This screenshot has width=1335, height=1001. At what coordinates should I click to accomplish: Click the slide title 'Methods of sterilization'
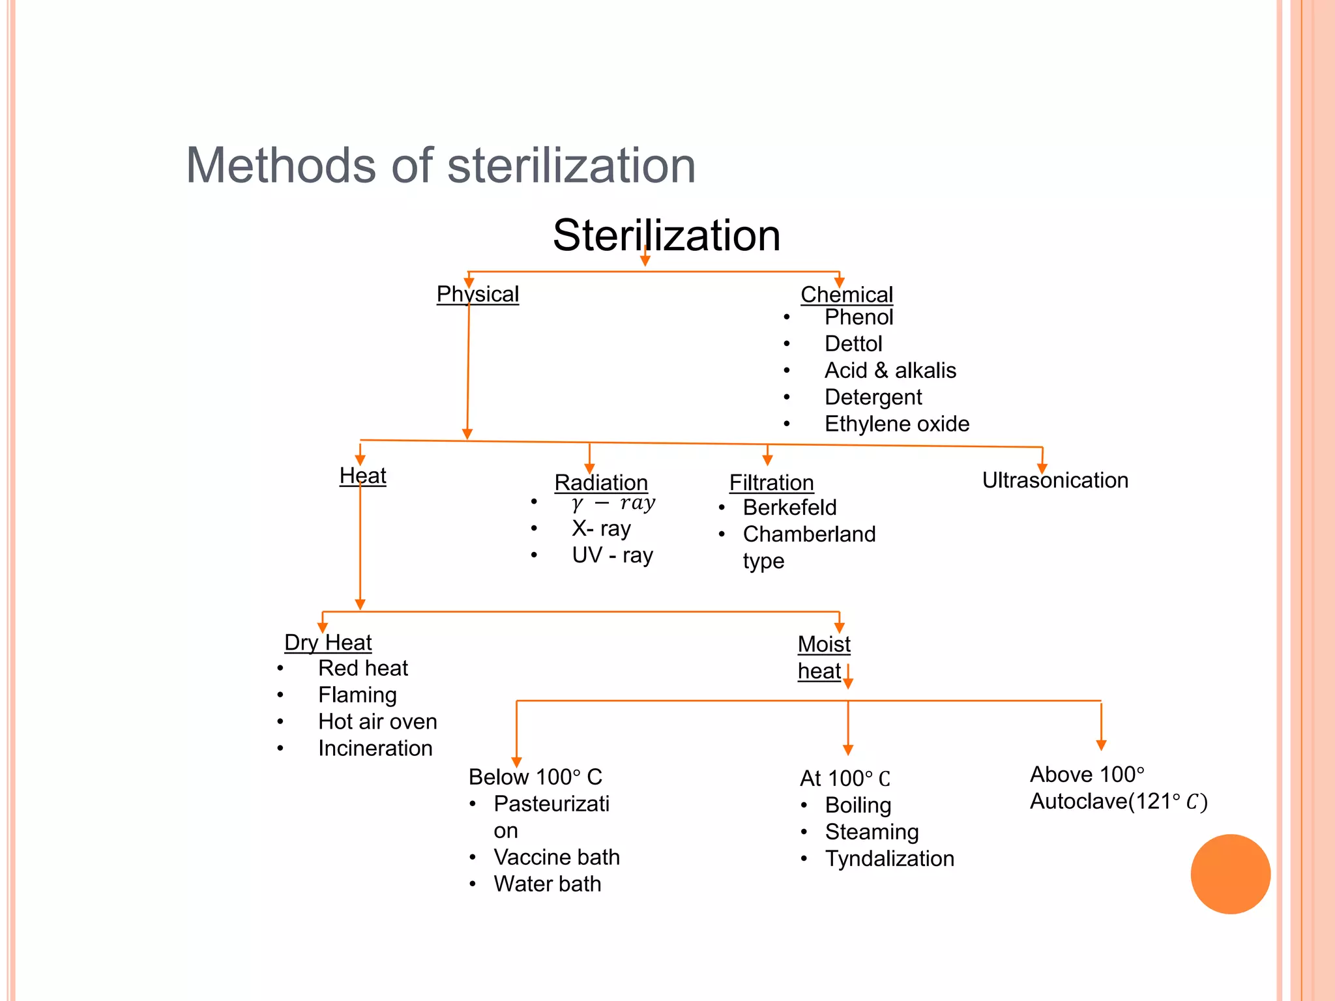click(441, 166)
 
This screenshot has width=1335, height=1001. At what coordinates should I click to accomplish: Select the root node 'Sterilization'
click(666, 235)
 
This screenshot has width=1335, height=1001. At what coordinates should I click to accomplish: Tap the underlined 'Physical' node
click(478, 294)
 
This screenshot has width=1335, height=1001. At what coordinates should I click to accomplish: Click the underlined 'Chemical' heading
click(846, 295)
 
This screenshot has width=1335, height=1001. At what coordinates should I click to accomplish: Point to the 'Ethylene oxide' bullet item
click(896, 424)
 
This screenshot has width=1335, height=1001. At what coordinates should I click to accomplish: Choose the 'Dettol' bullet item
click(853, 343)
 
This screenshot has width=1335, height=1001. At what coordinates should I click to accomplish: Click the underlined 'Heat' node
click(362, 476)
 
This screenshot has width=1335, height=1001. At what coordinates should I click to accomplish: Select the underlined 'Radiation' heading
click(601, 482)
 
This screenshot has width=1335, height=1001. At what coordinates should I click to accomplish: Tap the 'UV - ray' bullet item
click(612, 555)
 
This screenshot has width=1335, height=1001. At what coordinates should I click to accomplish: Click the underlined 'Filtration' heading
click(771, 482)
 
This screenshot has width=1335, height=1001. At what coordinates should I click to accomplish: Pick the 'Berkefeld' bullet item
click(789, 507)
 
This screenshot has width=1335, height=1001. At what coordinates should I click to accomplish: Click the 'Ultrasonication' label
click(1055, 480)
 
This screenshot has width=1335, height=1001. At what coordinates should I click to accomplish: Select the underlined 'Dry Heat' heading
click(328, 643)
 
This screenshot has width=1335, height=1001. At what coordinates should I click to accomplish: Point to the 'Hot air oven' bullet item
click(377, 721)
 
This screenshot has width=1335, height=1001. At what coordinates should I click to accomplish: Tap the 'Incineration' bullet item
click(375, 748)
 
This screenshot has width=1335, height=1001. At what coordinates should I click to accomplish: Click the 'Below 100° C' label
click(535, 777)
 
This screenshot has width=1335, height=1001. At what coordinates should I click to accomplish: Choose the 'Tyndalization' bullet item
click(889, 858)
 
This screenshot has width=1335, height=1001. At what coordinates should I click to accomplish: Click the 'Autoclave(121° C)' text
click(1118, 802)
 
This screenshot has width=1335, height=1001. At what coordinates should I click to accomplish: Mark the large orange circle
click(1230, 874)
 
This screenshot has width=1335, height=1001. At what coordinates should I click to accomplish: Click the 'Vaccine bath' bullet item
click(556, 857)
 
